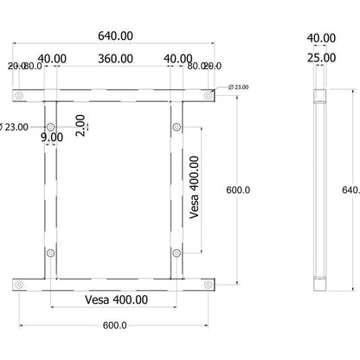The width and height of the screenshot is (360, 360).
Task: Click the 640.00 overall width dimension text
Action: pyautogui.click(x=115, y=37)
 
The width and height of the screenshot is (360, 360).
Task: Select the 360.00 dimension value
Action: pyautogui.click(x=115, y=59)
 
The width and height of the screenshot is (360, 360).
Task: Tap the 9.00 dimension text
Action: pyautogui.click(x=51, y=137)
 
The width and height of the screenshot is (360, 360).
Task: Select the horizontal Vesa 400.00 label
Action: pyautogui.click(x=116, y=299)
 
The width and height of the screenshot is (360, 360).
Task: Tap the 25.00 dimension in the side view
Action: pyautogui.click(x=321, y=59)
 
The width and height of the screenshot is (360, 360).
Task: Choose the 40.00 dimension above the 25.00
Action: pyautogui.click(x=321, y=37)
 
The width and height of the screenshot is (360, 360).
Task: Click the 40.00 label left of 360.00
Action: pyautogui.click(x=51, y=59)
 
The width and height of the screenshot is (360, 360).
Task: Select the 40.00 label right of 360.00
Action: pyautogui.click(x=178, y=59)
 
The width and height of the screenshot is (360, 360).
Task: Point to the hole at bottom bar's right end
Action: pyautogui.click(x=208, y=283)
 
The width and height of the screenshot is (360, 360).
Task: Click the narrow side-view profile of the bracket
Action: pyautogui.click(x=319, y=190)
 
